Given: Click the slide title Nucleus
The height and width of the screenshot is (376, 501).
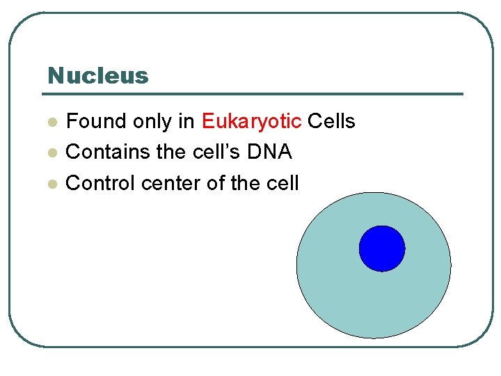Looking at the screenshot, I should tap(98, 75).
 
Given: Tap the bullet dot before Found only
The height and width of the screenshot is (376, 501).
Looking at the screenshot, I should tap(51, 122).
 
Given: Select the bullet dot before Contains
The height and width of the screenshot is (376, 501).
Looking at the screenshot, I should tap(51, 152).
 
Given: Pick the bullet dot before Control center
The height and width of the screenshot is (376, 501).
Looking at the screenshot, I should tap(51, 184).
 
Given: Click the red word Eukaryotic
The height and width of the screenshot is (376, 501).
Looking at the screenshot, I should tap(251, 122).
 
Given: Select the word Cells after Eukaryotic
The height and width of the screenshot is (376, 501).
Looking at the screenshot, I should tap(331, 122).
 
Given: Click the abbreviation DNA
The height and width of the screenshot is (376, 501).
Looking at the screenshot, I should tap(271, 152).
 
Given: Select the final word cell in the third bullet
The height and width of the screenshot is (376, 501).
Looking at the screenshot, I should tap(283, 183).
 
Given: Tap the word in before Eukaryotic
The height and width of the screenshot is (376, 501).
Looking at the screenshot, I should tap(186, 122).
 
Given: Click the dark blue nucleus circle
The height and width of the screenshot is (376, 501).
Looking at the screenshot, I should tap(382, 249).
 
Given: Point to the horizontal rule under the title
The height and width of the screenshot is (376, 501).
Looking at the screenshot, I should tap(255, 94).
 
